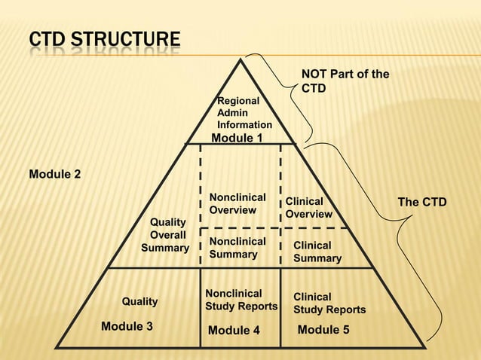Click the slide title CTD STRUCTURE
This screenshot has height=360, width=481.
tap(105, 40)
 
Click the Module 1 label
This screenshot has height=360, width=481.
tap(237, 139)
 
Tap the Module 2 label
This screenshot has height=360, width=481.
tap(54, 175)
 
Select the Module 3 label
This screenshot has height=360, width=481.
tap(127, 326)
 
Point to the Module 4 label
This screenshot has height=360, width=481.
tap(234, 330)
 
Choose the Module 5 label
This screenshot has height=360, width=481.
tap(323, 329)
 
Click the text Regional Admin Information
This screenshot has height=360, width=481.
tap(244, 113)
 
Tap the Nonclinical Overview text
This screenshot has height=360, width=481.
tap(237, 203)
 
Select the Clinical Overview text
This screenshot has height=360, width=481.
tap(308, 208)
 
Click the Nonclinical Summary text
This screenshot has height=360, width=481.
tap(237, 248)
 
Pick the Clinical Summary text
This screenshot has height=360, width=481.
tap(317, 252)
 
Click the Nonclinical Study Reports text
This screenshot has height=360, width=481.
tap(241, 300)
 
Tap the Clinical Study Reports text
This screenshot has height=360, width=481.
tap(329, 304)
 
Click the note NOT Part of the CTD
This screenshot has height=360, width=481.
tap(345, 81)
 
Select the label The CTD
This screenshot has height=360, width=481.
tap(421, 202)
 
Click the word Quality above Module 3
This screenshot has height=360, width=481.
tap(139, 301)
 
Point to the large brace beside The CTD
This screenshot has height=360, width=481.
tap(422, 249)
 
